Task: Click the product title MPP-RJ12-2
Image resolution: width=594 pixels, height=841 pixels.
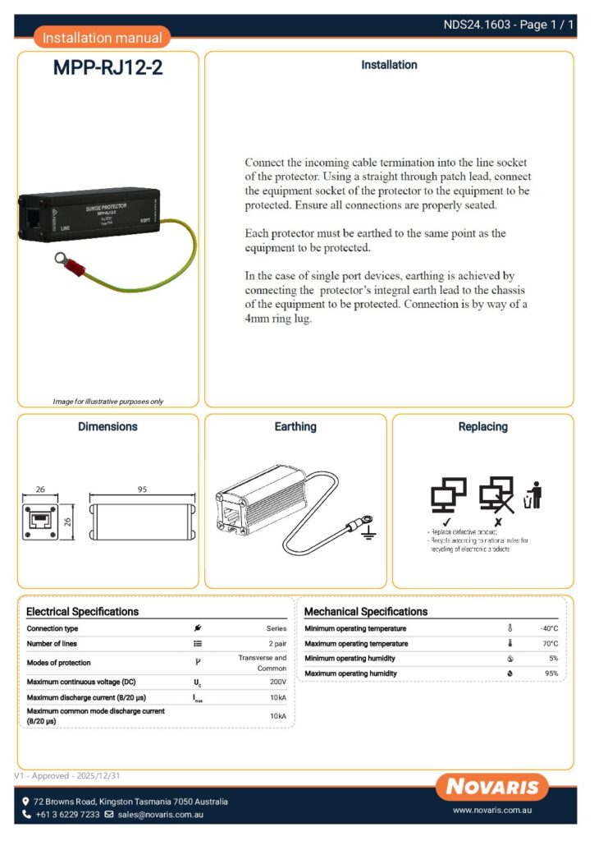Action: (107, 68)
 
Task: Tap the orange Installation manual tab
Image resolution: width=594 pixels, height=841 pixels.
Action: (103, 37)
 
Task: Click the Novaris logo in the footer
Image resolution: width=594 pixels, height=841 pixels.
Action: (495, 788)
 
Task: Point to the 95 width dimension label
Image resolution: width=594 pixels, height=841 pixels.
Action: (142, 489)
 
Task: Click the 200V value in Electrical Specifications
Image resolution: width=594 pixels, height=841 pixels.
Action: (277, 682)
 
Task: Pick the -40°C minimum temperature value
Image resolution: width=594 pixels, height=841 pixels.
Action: (549, 628)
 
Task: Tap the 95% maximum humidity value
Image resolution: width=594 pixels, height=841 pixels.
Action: (551, 673)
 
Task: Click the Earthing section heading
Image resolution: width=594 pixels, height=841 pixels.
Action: (295, 426)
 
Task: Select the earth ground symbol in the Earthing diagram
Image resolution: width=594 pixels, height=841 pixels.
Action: (368, 535)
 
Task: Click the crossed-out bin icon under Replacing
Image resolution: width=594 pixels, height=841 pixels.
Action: (532, 494)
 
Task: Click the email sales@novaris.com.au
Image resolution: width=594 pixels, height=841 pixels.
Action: (160, 815)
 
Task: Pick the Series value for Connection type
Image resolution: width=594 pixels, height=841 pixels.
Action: (276, 628)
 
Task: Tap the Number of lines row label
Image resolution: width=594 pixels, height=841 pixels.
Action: (52, 644)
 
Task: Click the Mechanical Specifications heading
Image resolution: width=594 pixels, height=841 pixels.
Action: (366, 612)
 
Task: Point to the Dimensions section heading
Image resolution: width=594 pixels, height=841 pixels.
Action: (107, 426)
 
